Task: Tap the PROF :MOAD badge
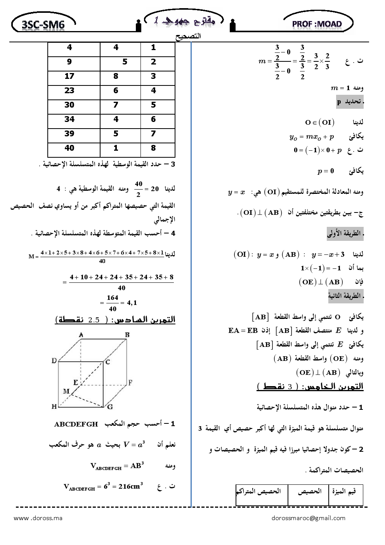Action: point(317,24)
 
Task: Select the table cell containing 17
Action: point(69,76)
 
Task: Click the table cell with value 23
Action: point(69,91)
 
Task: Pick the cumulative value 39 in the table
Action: point(69,134)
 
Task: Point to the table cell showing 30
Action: point(69,105)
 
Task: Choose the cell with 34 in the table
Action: point(69,119)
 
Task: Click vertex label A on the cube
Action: point(81,334)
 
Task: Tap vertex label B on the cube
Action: point(127,334)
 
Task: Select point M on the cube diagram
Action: point(66,391)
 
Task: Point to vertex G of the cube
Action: point(110,407)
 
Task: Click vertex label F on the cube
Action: point(130,383)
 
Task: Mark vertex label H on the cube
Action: point(54,407)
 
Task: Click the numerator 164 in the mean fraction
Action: point(113,298)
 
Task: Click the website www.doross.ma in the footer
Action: point(38,518)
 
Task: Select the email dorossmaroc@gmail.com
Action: point(309,518)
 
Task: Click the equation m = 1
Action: point(340,88)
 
